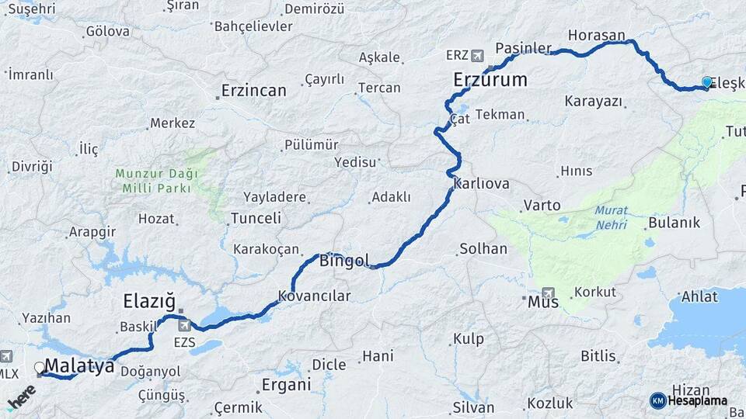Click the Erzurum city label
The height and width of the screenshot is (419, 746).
[490, 79]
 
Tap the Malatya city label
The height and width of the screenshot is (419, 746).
[79, 366]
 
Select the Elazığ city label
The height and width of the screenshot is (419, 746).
[149, 301]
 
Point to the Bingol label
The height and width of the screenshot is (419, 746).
[343, 261]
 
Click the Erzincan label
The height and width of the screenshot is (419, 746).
[253, 90]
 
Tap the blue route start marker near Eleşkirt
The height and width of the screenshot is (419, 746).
[706, 81]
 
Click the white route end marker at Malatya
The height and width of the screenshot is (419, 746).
[40, 367]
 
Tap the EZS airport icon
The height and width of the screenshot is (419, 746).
[184, 325]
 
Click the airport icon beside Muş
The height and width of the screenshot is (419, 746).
[549, 293]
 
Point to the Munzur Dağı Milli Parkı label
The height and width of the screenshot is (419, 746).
[156, 180]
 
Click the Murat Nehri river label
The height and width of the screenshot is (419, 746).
[612, 217]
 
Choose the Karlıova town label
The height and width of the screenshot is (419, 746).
[481, 184]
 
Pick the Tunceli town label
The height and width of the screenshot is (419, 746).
[256, 218]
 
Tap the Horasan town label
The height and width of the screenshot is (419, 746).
[596, 36]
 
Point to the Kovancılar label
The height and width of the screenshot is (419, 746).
[315, 296]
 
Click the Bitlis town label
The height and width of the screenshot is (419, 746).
[598, 356]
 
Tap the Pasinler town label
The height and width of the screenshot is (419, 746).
[523, 47]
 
